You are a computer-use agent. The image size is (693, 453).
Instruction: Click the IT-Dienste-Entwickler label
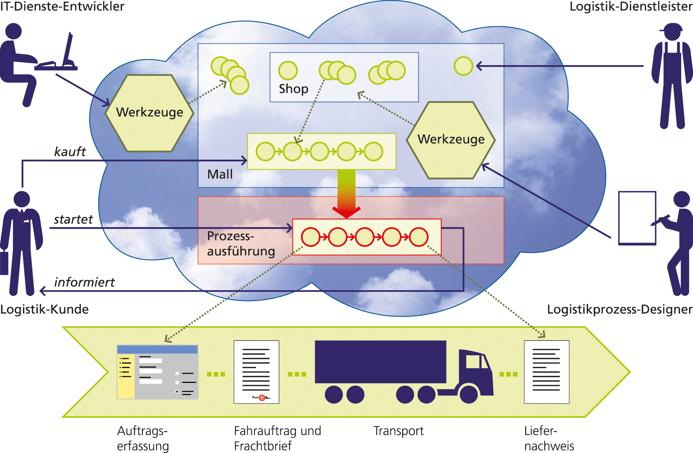62,6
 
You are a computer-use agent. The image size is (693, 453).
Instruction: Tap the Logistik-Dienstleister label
631,6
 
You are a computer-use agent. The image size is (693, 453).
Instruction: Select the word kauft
70,152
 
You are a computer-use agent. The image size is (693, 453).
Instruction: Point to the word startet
73,219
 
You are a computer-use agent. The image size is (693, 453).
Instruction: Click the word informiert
84,282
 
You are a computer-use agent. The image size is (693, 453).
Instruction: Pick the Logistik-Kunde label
44,309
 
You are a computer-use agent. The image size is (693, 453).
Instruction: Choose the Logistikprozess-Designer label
619,309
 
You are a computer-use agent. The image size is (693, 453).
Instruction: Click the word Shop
293,89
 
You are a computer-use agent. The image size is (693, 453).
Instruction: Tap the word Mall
220,174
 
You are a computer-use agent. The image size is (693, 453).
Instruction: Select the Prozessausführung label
241,244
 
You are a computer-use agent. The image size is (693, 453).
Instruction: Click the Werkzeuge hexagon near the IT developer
149,113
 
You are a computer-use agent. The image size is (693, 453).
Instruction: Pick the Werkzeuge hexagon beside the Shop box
451,140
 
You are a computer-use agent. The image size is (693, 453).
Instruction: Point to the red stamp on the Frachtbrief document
262,398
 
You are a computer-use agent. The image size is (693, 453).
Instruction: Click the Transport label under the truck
398,431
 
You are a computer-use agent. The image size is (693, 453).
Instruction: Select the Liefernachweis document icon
546,371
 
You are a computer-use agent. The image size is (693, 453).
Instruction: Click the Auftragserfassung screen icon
157,372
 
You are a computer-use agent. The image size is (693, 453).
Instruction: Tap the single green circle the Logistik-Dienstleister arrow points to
463,66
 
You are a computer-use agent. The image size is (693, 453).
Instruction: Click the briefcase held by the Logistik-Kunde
4,263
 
